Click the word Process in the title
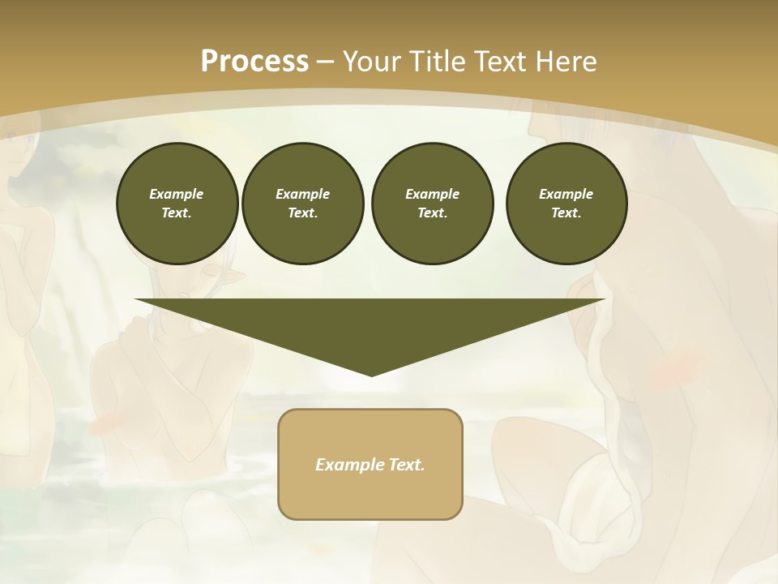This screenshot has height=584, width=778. click(254, 61)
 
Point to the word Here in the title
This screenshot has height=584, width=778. click(566, 61)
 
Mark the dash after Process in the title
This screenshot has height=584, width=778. click(325, 62)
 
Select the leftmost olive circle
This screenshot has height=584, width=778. click(177, 204)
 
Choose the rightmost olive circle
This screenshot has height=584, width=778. click(566, 204)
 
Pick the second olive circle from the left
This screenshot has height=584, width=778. click(303, 204)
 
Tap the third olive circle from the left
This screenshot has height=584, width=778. click(432, 204)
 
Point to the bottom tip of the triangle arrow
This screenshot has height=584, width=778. click(371, 374)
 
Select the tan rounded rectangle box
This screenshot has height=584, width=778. click(370, 464)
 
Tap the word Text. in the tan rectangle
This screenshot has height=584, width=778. click(405, 465)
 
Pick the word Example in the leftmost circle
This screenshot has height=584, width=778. click(177, 194)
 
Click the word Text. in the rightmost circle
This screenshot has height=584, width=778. click(566, 213)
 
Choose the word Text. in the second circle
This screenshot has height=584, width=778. click(303, 213)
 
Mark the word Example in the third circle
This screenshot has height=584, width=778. click(432, 194)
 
